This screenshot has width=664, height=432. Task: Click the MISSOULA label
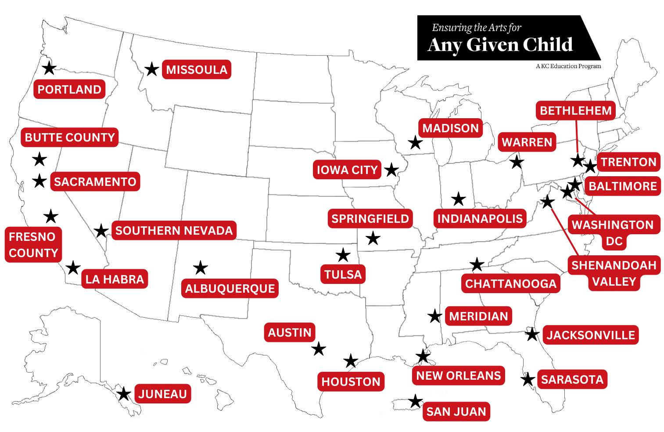(x=196, y=69)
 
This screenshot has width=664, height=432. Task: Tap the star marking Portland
(x=49, y=68)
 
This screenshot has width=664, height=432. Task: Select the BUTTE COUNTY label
(x=70, y=138)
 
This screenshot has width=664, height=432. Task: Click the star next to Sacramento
(x=39, y=181)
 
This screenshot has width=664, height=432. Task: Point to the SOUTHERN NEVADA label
(x=174, y=230)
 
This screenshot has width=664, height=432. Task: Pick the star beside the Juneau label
(x=124, y=394)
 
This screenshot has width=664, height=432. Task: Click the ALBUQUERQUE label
(x=230, y=288)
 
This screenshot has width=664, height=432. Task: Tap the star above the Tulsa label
(x=343, y=254)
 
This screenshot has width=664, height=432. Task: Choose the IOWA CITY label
(x=347, y=170)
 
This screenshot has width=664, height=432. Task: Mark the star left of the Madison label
(x=415, y=142)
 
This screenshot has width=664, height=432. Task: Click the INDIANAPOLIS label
(x=480, y=218)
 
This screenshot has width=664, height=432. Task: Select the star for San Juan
(x=415, y=401)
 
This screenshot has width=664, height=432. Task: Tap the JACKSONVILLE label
(x=591, y=335)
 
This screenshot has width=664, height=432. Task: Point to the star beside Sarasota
(x=528, y=379)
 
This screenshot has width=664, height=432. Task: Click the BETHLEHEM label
(x=575, y=110)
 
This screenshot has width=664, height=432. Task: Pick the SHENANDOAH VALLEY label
(x=614, y=273)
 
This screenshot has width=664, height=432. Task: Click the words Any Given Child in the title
(x=500, y=45)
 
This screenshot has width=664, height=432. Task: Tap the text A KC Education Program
(x=568, y=66)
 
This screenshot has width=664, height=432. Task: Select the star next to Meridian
(x=434, y=316)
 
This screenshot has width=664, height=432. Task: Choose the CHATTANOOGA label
(x=510, y=283)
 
